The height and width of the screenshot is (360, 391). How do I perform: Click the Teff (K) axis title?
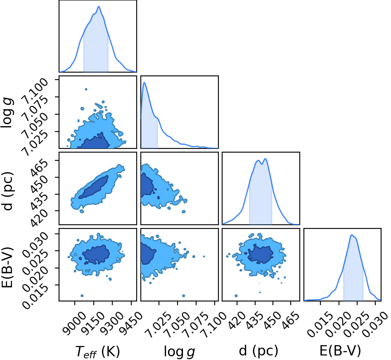(x=97, y=352)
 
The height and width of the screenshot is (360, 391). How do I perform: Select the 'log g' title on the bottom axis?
(x=179, y=352)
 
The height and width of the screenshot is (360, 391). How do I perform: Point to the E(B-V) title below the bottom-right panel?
(x=340, y=351)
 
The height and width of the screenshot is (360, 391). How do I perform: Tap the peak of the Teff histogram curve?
(x=99, y=7)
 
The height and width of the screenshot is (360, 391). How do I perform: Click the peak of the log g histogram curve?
(x=144, y=83)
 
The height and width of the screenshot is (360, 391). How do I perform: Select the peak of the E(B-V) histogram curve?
(x=352, y=235)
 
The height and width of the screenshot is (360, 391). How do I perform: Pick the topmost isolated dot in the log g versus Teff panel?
(x=86, y=89)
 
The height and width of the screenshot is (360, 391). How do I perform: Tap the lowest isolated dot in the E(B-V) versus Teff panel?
(x=82, y=296)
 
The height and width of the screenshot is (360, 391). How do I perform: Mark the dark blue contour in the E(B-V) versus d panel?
(x=261, y=254)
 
